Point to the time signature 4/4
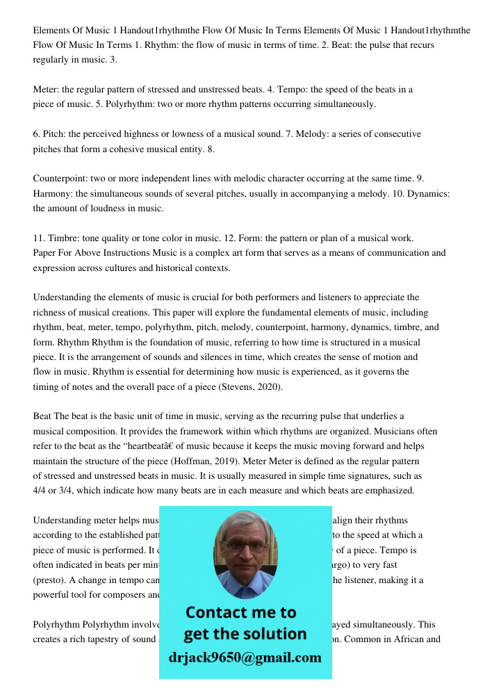coord(41,491)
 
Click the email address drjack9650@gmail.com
coord(245,657)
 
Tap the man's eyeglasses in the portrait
coord(245,547)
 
